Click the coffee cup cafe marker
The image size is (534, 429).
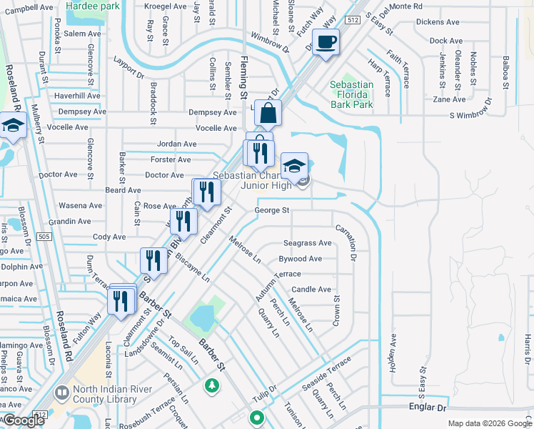tap(326, 42)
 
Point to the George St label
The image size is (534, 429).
tap(272, 210)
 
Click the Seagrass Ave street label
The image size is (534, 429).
tap(308, 243)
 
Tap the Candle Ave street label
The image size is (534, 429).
tap(311, 290)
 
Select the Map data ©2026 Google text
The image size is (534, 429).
tap(489, 423)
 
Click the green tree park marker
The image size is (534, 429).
tap(211, 386)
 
